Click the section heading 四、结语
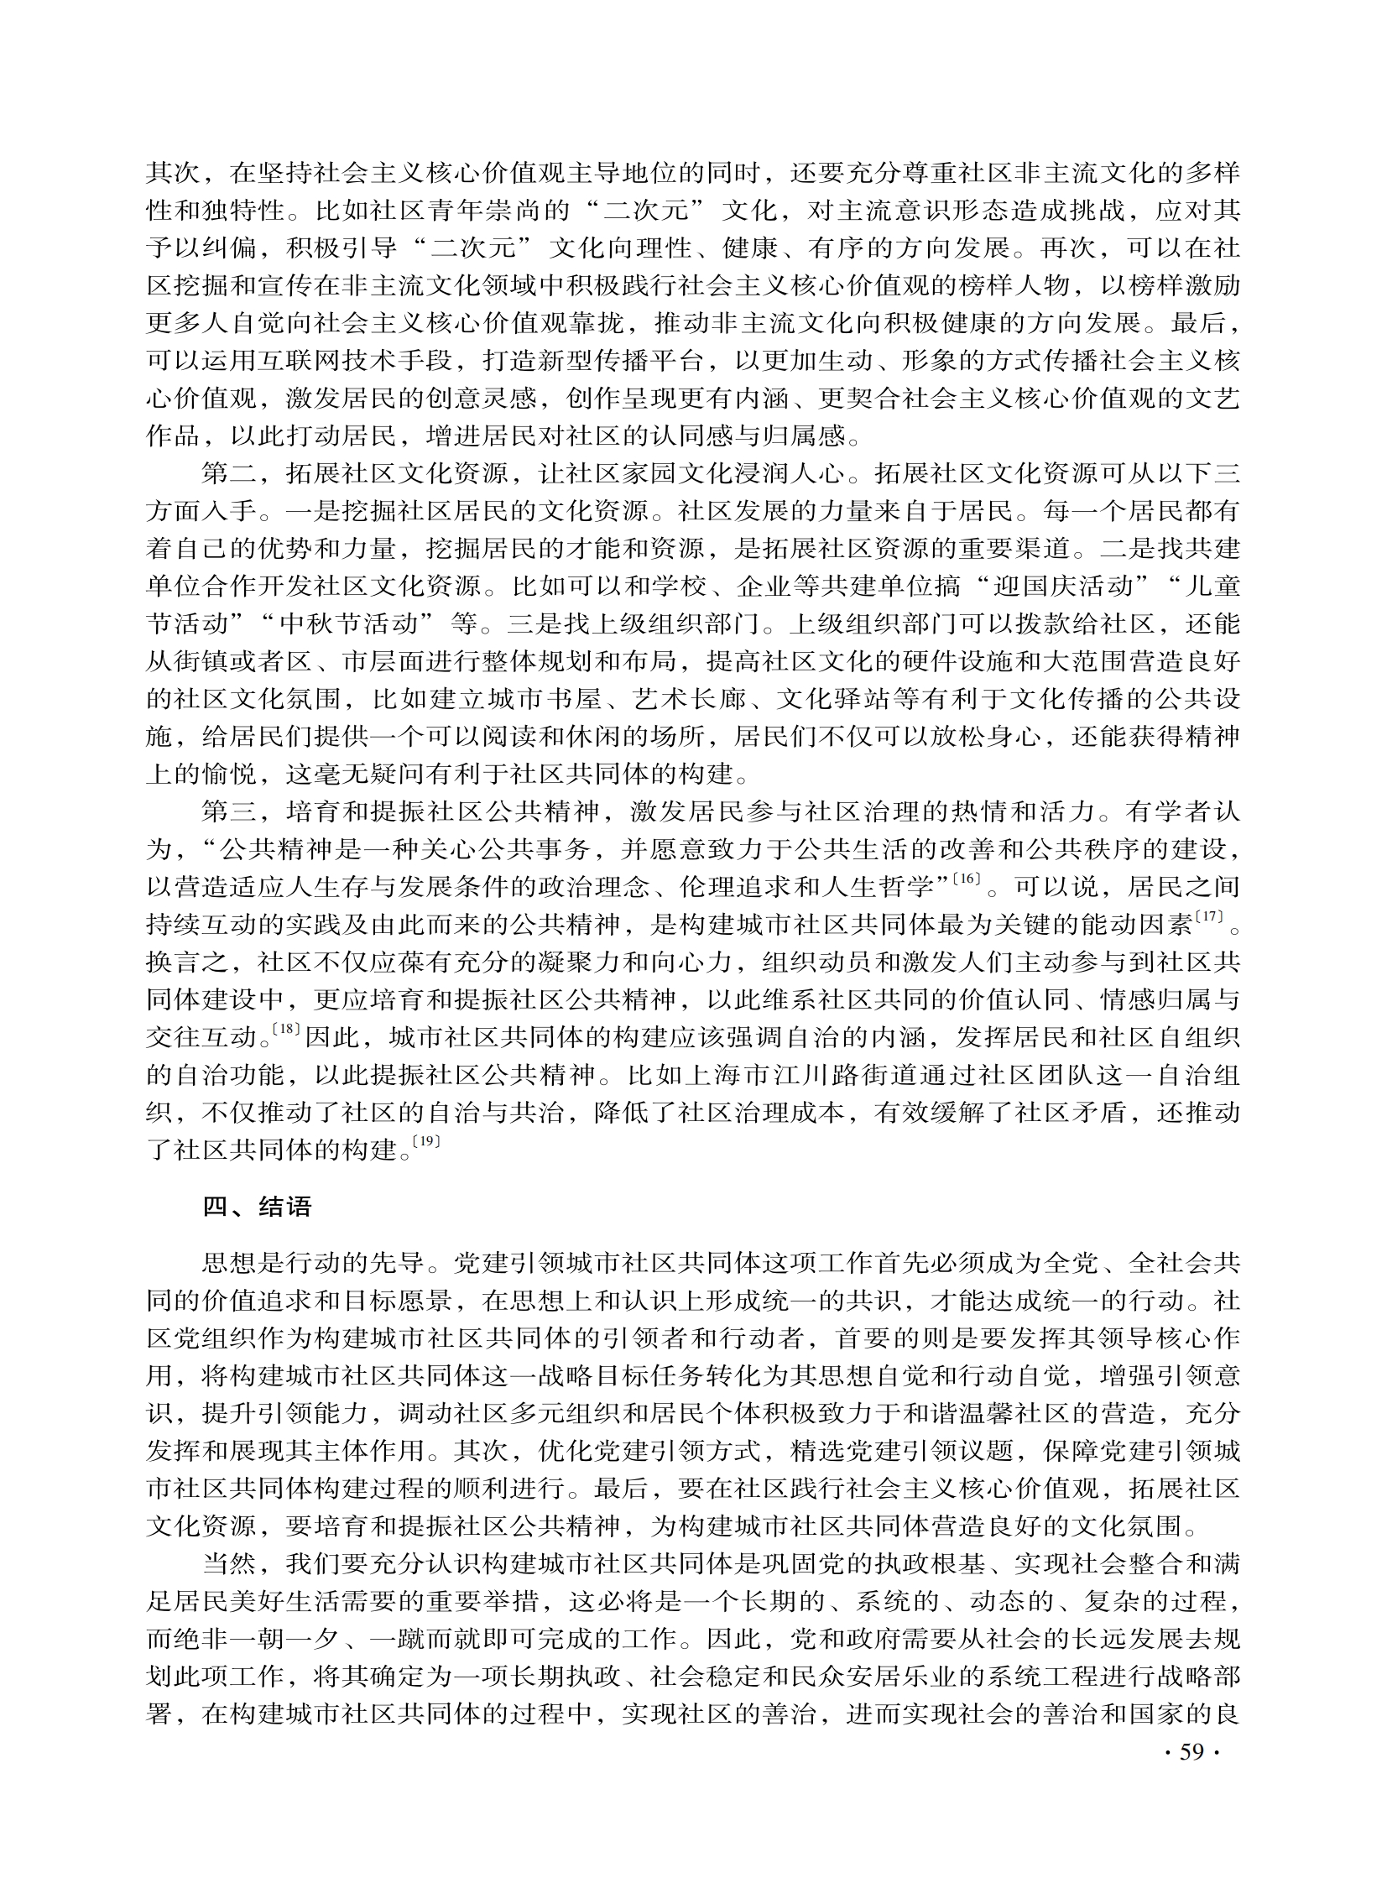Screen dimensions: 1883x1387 [x=257, y=1207]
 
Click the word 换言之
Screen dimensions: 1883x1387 [x=187, y=963]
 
